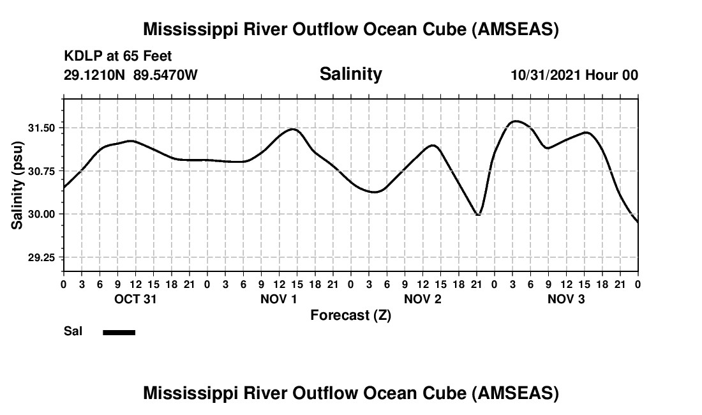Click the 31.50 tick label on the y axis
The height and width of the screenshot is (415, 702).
click(41, 128)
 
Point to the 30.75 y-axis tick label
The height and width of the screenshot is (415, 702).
click(41, 171)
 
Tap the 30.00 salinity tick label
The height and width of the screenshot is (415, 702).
click(41, 214)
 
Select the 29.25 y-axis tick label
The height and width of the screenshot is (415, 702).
click(41, 257)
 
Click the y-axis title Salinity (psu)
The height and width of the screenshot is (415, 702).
click(17, 185)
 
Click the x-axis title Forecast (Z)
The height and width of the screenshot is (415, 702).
click(350, 315)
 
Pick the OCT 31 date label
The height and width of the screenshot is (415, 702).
click(135, 299)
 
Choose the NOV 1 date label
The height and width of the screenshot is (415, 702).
click(279, 299)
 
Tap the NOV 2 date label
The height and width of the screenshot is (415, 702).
click(422, 299)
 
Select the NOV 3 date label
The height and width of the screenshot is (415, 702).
click(566, 299)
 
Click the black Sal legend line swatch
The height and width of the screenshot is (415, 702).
click(119, 332)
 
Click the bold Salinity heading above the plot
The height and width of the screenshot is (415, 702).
click(350, 74)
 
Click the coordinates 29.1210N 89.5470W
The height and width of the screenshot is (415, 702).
click(131, 75)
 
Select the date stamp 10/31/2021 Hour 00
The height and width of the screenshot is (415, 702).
click(574, 75)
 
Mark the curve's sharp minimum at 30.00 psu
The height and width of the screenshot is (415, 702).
click(477, 215)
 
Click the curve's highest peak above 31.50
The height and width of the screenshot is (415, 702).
click(516, 121)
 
